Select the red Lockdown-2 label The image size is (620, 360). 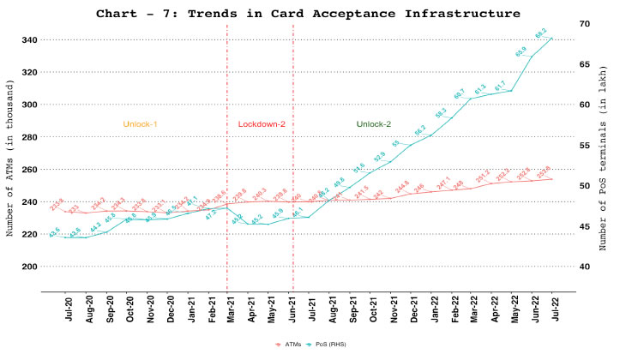tap(261, 124)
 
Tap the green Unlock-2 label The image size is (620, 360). tap(374, 124)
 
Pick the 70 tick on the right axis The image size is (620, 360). tap(582, 23)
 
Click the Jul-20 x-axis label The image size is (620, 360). tap(66, 309)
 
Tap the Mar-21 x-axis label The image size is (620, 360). tap(232, 309)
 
